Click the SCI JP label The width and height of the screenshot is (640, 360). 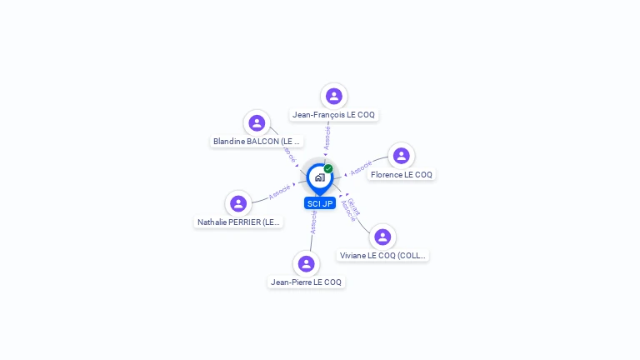[319, 203]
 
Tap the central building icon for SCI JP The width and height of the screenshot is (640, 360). [319, 177]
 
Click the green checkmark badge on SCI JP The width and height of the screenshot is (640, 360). [328, 168]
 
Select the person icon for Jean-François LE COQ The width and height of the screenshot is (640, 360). [334, 96]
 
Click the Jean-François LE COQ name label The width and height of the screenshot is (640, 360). [334, 115]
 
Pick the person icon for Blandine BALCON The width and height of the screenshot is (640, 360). [257, 123]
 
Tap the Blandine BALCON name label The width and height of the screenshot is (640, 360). [257, 142]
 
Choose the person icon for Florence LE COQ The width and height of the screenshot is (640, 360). [401, 156]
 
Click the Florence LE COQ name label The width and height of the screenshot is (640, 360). [402, 175]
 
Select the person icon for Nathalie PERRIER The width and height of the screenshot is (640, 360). [238, 203]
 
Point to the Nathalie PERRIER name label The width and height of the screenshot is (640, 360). [239, 222]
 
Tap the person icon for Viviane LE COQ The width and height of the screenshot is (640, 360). [382, 237]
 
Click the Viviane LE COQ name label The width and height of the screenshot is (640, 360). [383, 256]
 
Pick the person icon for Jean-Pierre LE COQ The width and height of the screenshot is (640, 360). [306, 263]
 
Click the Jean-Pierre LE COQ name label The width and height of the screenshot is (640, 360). [306, 282]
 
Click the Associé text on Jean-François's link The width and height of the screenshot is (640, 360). [327, 137]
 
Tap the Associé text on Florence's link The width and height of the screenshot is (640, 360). [361, 168]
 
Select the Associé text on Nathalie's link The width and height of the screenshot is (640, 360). [279, 192]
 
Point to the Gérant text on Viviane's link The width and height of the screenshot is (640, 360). [353, 206]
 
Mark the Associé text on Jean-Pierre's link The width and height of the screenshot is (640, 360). [313, 222]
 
